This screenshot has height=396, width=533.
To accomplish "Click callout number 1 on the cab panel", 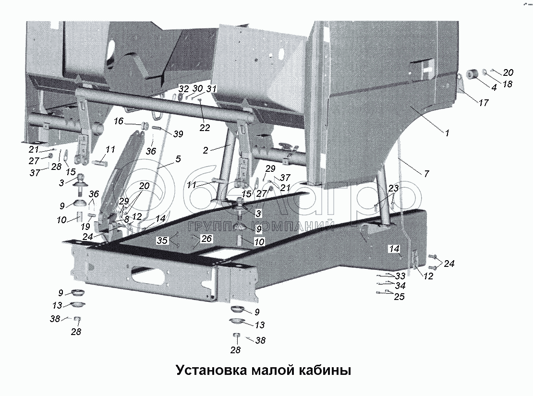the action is point(447,133).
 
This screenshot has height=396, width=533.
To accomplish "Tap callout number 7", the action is point(426,174).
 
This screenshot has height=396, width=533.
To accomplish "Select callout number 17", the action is point(484,102).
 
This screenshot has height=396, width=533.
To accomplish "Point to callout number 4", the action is point(494,87).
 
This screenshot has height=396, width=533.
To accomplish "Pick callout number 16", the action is point(118,121).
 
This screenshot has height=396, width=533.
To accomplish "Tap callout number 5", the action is point(178,159).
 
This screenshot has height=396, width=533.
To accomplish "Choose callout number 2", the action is point(206,150).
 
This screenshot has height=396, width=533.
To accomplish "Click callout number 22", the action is point(205,128).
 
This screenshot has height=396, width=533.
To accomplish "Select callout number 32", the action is point(183,89).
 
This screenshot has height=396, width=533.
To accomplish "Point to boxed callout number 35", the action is point(162,240).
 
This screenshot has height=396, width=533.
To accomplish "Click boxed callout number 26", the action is point(206,239).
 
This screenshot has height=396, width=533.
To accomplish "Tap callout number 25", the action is point(399,297).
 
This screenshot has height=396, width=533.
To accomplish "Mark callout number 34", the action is point(400,286).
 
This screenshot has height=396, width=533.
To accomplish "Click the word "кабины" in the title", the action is point(325,370).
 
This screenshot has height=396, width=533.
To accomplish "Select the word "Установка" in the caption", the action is point(211,370).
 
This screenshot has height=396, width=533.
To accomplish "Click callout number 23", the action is point(393,188).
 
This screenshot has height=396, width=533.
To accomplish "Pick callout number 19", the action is point(85,227).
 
